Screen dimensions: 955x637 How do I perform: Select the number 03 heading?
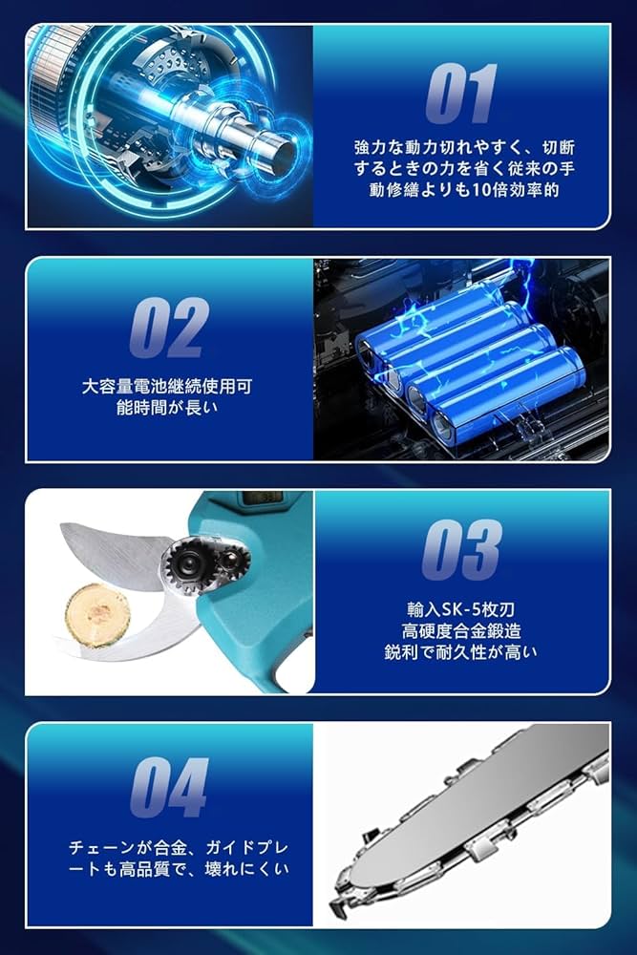pyautogui.click(x=461, y=551)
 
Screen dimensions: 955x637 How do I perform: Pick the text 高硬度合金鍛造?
pyautogui.click(x=461, y=630)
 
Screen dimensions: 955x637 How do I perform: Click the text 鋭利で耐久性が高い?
pyautogui.click(x=461, y=652)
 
